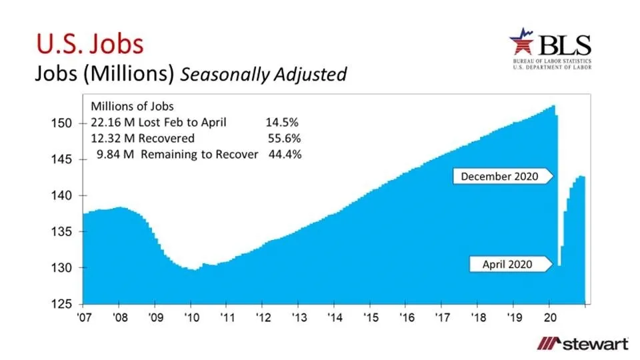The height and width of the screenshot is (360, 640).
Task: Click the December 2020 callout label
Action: (x=503, y=176)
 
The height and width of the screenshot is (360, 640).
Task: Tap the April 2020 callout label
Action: (x=508, y=264)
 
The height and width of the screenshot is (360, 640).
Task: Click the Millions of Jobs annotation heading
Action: (x=132, y=106)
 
